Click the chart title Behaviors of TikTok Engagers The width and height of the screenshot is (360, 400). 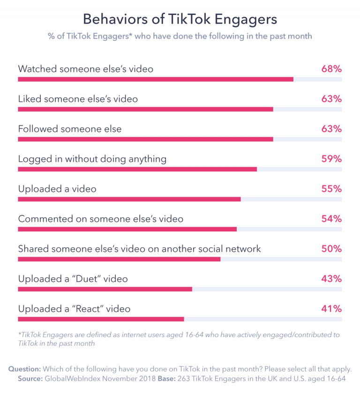point(180,19)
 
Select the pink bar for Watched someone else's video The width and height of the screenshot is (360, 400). point(156,79)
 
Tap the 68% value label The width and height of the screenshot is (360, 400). point(331,69)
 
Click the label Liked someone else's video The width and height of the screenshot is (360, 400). point(78,99)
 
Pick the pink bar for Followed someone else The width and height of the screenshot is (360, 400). point(145,139)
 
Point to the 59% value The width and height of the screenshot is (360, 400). point(331,159)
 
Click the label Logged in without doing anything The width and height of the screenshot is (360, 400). point(92,159)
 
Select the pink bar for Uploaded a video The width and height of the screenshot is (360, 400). point(129,199)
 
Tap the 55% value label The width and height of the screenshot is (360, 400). point(331,189)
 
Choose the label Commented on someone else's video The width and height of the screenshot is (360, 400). point(100,219)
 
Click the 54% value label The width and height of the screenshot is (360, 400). point(331,219)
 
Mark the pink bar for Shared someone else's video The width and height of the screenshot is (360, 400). point(119,259)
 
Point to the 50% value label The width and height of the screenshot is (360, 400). point(331,249)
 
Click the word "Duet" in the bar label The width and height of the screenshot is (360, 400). point(87,279)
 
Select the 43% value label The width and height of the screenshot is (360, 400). point(331,279)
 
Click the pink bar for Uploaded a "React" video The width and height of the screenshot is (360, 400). point(101,319)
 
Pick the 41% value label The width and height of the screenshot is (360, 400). point(331,309)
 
